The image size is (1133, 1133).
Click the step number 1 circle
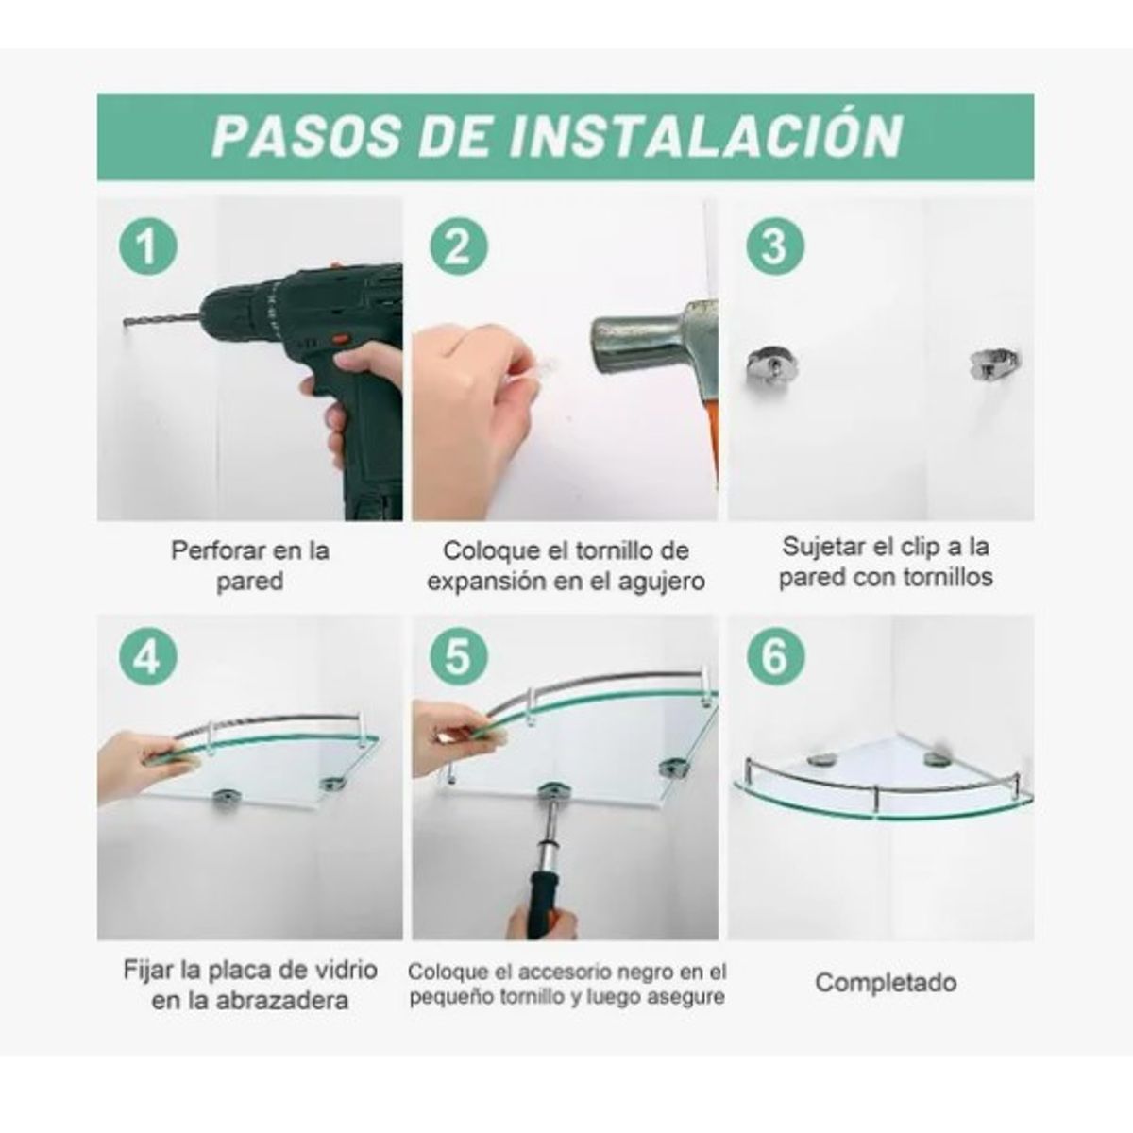pyautogui.click(x=148, y=248)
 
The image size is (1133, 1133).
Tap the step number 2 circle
pyautogui.click(x=459, y=247)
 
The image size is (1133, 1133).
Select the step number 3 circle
pyautogui.click(x=774, y=247)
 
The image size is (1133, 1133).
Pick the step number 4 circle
pyautogui.click(x=148, y=656)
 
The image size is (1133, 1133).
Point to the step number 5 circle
pyautogui.click(x=459, y=656)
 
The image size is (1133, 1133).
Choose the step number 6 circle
pyautogui.click(x=774, y=656)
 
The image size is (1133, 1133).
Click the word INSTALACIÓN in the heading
pyautogui.click(x=706, y=137)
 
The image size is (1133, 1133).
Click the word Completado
pyautogui.click(x=886, y=983)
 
